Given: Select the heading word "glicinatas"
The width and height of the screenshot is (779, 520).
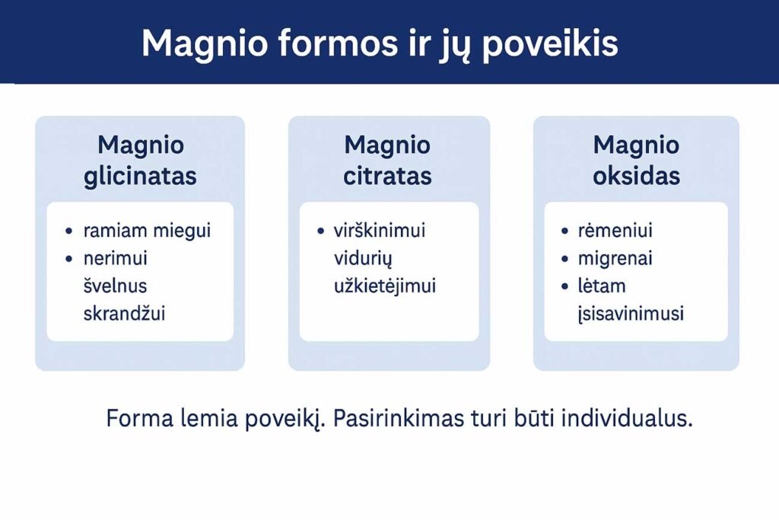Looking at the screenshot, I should click(141, 177).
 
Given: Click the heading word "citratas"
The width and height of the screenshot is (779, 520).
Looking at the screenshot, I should click(387, 177).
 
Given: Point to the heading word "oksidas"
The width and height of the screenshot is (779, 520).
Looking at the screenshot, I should click(636, 177).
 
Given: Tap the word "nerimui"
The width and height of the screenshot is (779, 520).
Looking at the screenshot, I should click(116, 259).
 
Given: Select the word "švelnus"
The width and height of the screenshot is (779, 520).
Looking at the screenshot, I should click(115, 286).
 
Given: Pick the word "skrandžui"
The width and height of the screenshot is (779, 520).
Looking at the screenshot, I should click(125, 313).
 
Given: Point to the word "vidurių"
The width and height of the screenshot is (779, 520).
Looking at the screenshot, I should click(362, 259).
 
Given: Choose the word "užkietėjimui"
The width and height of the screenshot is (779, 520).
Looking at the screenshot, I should click(385, 286).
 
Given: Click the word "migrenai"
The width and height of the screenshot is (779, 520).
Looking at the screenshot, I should click(615, 259).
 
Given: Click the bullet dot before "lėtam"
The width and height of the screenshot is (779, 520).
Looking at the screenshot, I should click(564, 287).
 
